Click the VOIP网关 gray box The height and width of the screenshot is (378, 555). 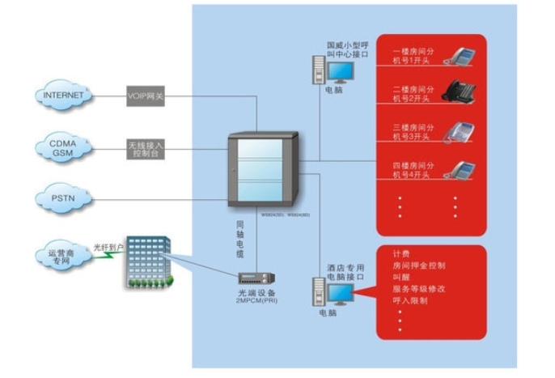point(146,96)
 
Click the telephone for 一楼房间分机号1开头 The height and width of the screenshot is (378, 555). point(464,55)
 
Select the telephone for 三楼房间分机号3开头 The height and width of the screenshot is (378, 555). point(463,131)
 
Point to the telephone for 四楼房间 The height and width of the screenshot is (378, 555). point(464,169)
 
